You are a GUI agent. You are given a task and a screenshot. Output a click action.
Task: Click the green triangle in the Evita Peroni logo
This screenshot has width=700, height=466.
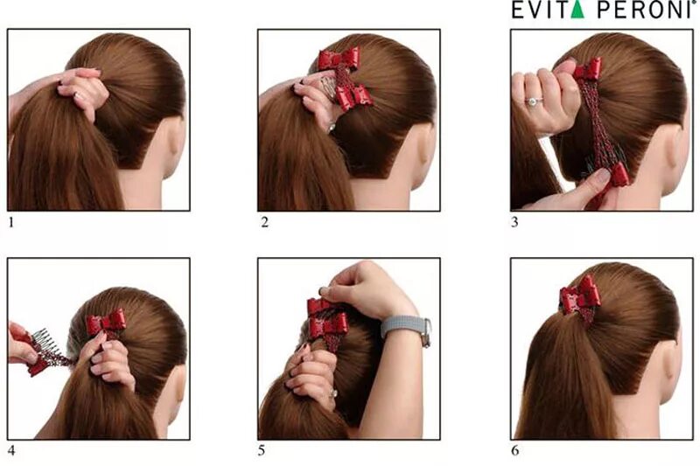[577, 10]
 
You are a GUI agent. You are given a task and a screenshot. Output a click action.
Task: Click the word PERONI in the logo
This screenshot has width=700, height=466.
[645, 10]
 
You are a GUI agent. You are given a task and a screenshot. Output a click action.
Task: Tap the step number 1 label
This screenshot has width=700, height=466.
[11, 222]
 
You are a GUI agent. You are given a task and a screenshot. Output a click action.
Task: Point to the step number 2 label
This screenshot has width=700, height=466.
[265, 222]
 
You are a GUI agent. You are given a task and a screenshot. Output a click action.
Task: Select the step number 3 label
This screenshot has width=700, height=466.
[514, 222]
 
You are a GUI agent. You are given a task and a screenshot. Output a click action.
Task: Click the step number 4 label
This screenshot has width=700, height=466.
[11, 451]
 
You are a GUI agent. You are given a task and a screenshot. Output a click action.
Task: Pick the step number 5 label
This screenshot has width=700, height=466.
[262, 451]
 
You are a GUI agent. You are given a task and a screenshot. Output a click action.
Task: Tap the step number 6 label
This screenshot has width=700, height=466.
[515, 451]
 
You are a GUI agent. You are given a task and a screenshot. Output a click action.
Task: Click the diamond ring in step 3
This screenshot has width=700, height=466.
[532, 101]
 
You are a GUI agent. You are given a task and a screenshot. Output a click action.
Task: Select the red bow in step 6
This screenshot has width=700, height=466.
[580, 296]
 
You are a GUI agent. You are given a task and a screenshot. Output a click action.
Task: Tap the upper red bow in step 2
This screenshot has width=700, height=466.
[338, 59]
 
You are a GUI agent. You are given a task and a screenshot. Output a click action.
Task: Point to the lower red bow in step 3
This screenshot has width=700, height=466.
[619, 175]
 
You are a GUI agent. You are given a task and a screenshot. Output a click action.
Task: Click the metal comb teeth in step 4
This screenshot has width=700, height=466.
[41, 341]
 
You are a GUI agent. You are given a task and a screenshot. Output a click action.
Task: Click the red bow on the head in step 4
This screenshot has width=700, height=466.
[106, 322]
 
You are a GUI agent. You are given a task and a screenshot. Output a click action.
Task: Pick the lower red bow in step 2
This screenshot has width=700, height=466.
[354, 97]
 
